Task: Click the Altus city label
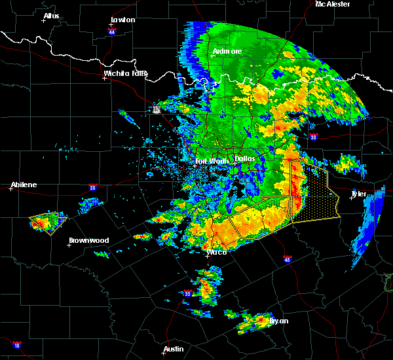50,16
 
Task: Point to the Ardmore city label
227,51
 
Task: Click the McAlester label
332,4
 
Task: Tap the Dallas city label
245,158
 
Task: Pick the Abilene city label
23,185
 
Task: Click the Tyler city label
358,194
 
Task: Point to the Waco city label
216,252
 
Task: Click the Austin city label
174,349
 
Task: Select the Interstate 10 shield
16,345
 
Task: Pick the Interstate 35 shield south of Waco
187,293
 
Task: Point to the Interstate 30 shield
313,137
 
